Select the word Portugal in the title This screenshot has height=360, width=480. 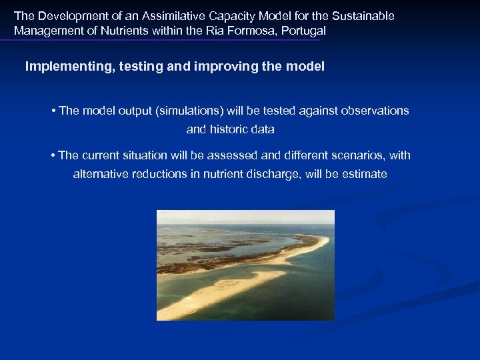(x=303, y=31)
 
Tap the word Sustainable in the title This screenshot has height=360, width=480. (x=364, y=15)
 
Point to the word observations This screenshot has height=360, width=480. (x=375, y=111)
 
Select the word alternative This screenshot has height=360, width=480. (x=101, y=174)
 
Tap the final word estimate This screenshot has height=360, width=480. (x=365, y=174)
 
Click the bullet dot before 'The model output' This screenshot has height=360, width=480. (x=53, y=111)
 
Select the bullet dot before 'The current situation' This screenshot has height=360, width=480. (x=53, y=155)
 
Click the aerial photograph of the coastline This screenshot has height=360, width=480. (x=245, y=265)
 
